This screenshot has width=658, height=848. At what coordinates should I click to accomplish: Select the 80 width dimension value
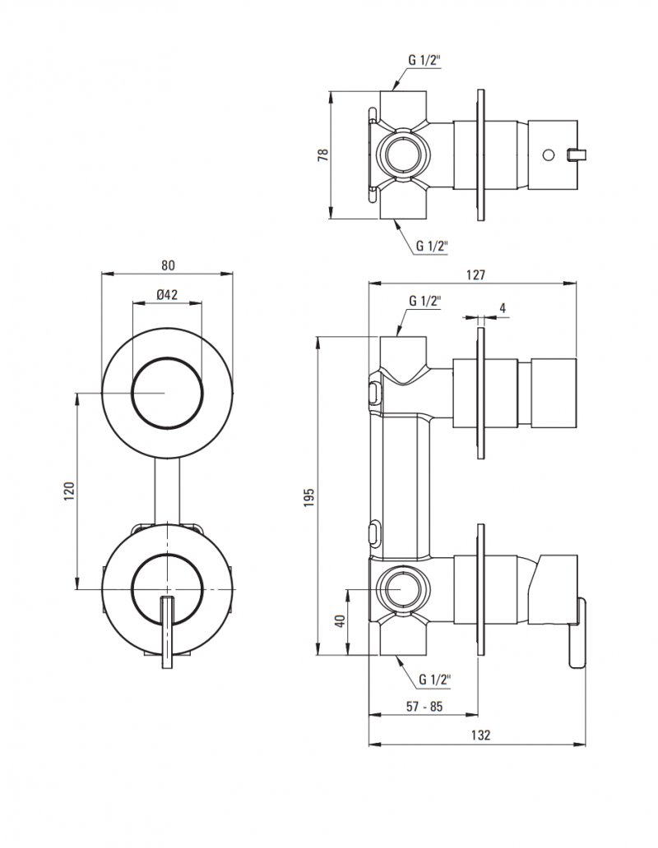(168, 265)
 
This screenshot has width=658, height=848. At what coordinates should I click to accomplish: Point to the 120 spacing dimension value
(70, 491)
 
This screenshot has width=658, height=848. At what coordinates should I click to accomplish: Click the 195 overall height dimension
(309, 496)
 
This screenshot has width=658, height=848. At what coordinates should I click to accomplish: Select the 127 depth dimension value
(475, 275)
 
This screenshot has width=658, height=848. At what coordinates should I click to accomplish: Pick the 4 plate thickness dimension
(502, 308)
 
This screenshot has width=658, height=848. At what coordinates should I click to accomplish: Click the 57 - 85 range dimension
(424, 705)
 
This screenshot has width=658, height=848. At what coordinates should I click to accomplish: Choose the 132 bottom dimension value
(481, 735)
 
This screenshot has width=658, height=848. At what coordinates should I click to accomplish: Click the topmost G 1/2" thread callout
(425, 60)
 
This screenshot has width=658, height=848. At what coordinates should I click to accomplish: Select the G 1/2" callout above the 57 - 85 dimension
(434, 680)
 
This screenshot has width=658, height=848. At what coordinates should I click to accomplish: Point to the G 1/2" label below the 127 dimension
(424, 302)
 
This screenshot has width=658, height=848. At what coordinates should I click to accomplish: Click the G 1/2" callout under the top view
(431, 245)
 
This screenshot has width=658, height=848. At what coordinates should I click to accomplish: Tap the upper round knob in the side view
(556, 394)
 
